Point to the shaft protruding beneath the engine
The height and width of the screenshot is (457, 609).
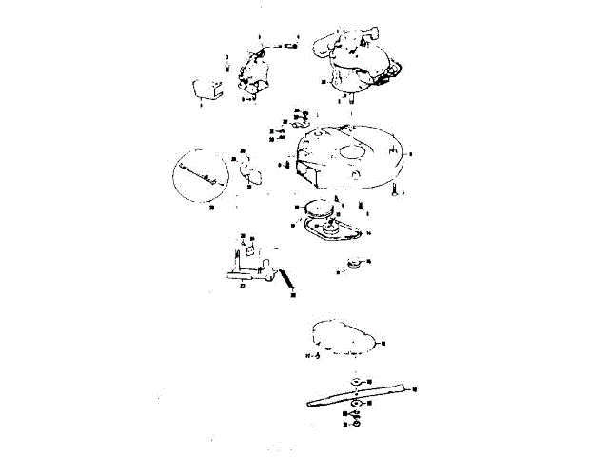click(x=352, y=96)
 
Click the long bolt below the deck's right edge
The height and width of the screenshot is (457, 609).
click(x=393, y=192)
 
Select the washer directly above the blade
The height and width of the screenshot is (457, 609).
click(x=356, y=381)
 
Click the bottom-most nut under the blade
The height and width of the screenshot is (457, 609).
click(x=355, y=422)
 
